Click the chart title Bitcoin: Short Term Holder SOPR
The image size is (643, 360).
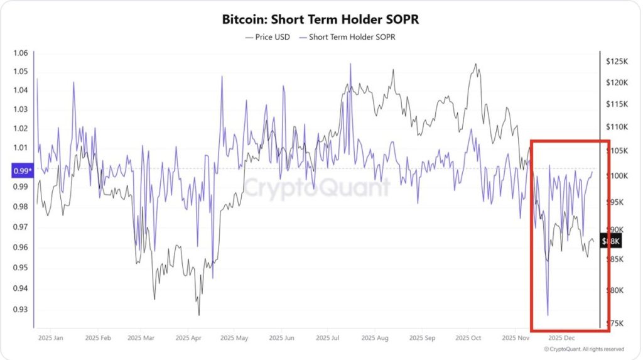coord(320,19)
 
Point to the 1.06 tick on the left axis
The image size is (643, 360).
coord(21,53)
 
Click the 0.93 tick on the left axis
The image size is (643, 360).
coord(21,310)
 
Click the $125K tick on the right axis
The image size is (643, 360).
coord(617,62)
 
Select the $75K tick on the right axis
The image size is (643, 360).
coord(615,324)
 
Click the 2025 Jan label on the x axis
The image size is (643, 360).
coord(50,338)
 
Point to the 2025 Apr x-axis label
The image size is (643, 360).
coord(188,338)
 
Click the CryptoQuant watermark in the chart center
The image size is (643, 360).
coord(316,188)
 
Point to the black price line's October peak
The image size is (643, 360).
coord(475,64)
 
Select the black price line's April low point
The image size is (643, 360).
coord(199,315)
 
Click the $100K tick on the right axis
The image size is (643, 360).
coord(617,176)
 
